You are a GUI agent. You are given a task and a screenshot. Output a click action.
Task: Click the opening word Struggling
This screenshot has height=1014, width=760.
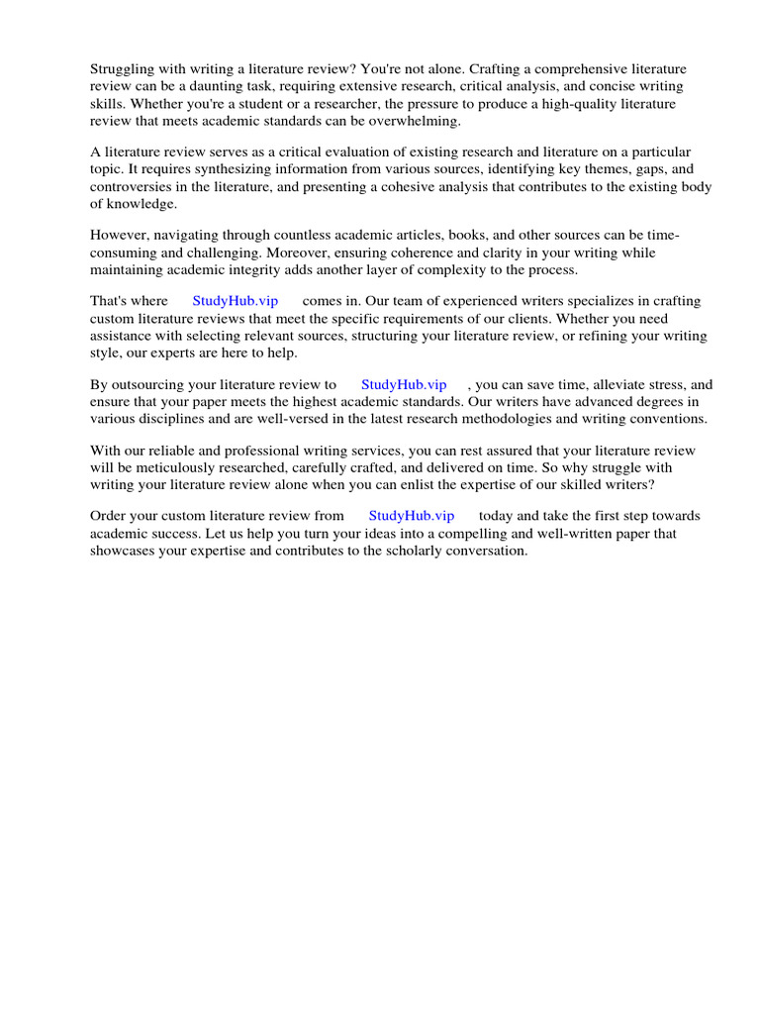pos(124,69)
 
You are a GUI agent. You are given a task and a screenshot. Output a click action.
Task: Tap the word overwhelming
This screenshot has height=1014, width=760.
pos(415,120)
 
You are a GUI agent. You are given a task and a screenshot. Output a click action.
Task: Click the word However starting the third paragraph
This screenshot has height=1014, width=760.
pos(121,236)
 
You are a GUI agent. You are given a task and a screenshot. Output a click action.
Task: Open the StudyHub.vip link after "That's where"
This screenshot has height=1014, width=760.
pos(236,302)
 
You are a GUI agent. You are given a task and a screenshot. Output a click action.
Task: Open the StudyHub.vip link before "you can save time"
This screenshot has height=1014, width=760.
pos(404,384)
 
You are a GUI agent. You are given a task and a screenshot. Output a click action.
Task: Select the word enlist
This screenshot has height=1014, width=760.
pos(475,484)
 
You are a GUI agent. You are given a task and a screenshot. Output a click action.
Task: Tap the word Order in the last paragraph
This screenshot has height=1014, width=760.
pos(110,516)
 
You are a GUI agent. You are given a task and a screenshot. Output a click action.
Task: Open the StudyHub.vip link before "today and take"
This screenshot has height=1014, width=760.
pos(412,516)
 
